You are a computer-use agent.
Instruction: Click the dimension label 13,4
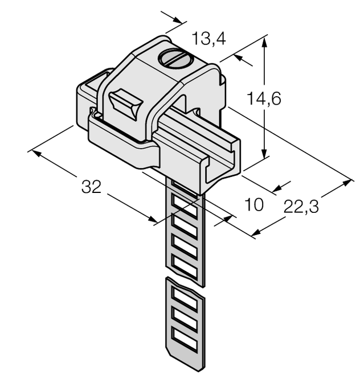coord(208,39)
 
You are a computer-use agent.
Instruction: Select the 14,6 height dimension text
coord(264,98)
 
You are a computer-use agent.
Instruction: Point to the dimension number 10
coord(253,204)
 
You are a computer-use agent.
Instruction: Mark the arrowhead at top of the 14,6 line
coord(264,40)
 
